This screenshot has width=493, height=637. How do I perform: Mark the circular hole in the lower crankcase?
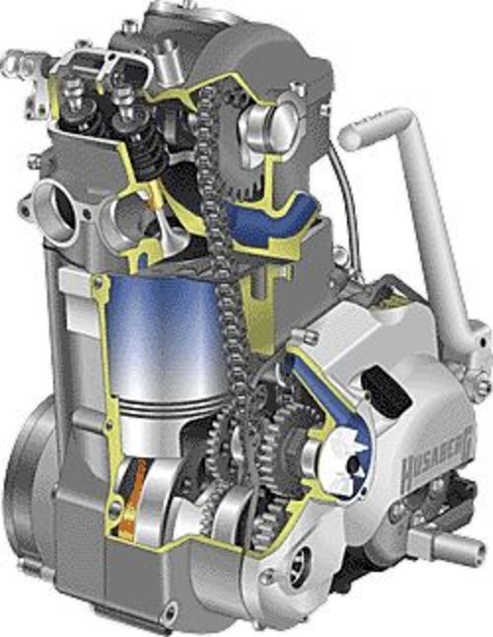[296, 582]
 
